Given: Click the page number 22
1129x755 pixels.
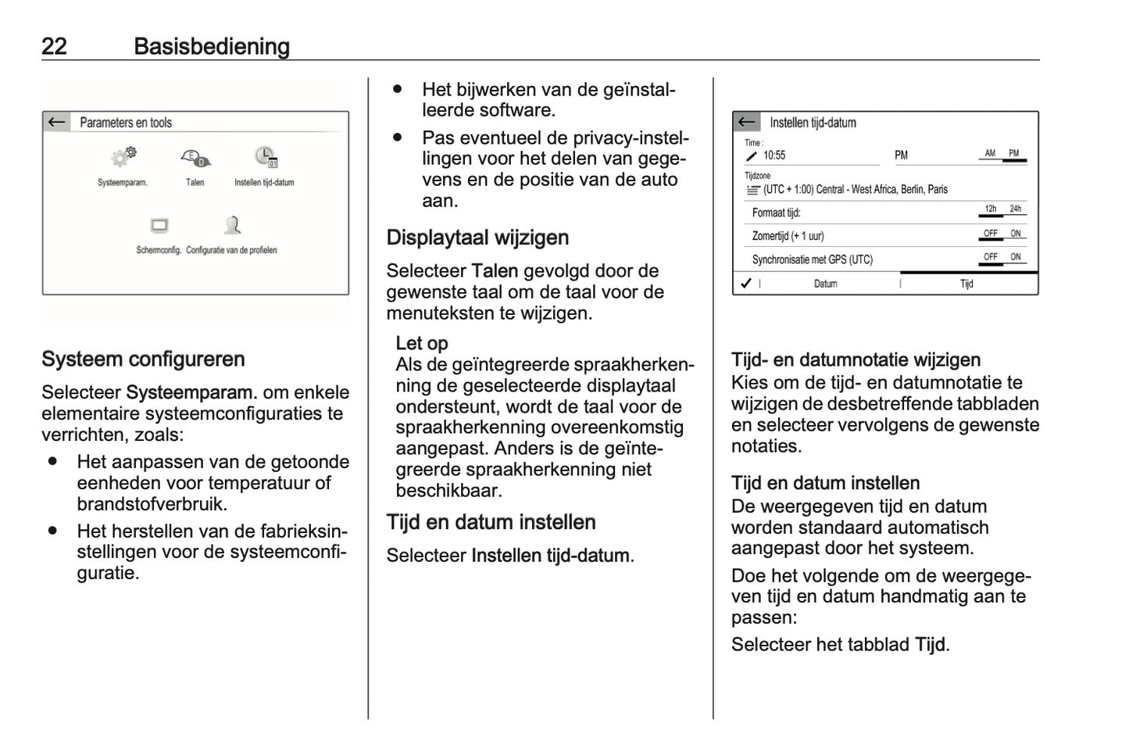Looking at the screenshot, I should click(54, 46).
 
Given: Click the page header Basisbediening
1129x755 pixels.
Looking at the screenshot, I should click(211, 46).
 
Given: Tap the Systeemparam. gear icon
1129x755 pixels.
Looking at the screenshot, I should click(123, 157).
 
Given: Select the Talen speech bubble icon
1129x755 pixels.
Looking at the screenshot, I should click(195, 158).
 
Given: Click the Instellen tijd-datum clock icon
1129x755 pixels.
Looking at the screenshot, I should click(265, 157).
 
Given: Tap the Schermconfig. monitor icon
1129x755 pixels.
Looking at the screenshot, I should click(159, 227).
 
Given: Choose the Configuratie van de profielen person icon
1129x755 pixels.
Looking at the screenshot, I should click(232, 226).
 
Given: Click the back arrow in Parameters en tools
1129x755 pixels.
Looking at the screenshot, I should click(56, 122).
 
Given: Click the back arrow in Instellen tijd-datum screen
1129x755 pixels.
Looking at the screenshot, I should click(747, 122).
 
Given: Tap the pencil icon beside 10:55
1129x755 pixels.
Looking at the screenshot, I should click(752, 156).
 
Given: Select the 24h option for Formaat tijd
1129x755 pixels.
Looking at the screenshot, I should click(1015, 209).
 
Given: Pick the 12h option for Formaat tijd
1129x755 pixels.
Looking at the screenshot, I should click(990, 209).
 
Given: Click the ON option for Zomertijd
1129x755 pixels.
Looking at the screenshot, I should click(1015, 234).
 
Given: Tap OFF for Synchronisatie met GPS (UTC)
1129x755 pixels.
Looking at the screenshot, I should click(990, 257).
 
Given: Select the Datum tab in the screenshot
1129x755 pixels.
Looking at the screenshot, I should click(825, 284).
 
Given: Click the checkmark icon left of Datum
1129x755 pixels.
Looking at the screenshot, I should click(746, 283).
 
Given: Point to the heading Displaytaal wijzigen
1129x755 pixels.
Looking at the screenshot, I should click(477, 238).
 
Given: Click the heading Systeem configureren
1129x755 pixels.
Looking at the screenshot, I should click(143, 360).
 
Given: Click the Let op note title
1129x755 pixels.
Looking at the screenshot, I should click(421, 343).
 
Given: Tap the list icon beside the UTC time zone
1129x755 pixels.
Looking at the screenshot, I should click(752, 190).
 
